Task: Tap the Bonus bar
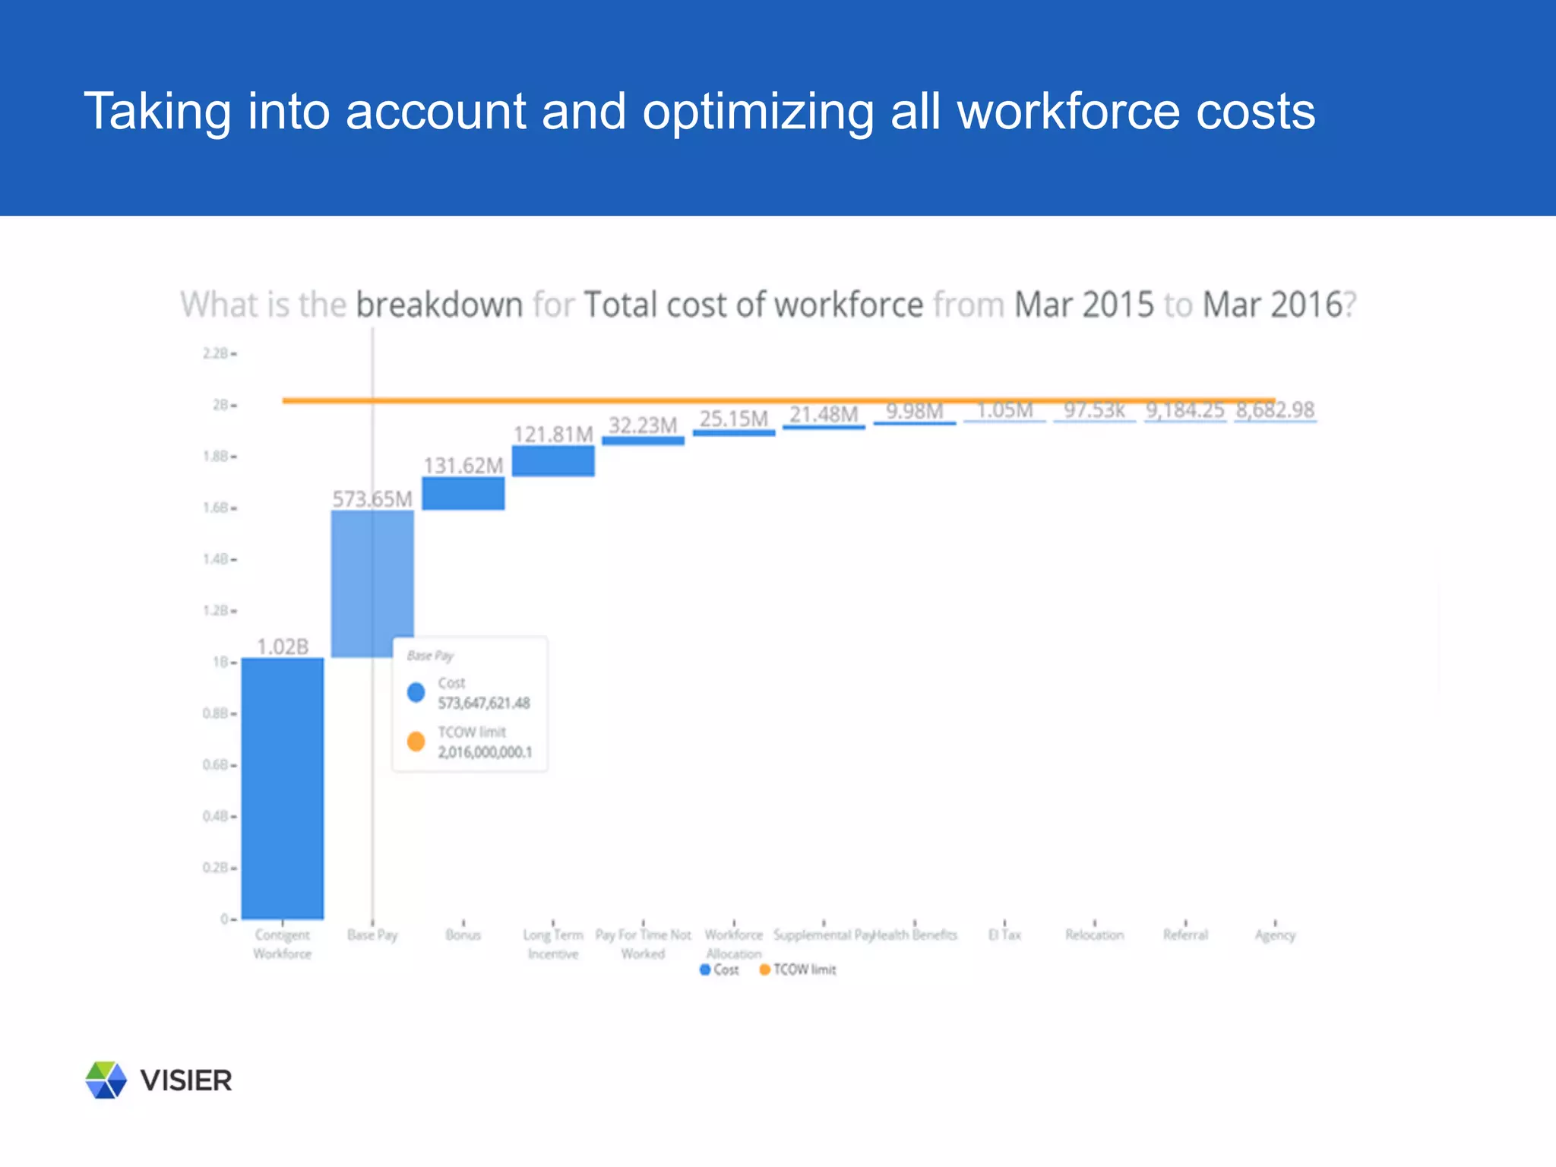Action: tap(463, 494)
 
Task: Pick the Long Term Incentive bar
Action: tap(553, 461)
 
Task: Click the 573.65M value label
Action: tap(372, 499)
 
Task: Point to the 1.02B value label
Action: tap(283, 647)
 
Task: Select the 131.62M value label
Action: tap(463, 466)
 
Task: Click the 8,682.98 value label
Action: tap(1275, 410)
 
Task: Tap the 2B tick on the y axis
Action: tap(220, 405)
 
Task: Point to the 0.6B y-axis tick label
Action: tap(216, 765)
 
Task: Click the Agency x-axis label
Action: tap(1275, 935)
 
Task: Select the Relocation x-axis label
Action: tap(1094, 935)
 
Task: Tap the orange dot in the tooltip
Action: tap(416, 742)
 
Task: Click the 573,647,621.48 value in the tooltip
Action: tap(484, 704)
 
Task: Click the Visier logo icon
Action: tap(106, 1080)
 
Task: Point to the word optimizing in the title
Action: tap(757, 112)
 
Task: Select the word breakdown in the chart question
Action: tap(439, 305)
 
